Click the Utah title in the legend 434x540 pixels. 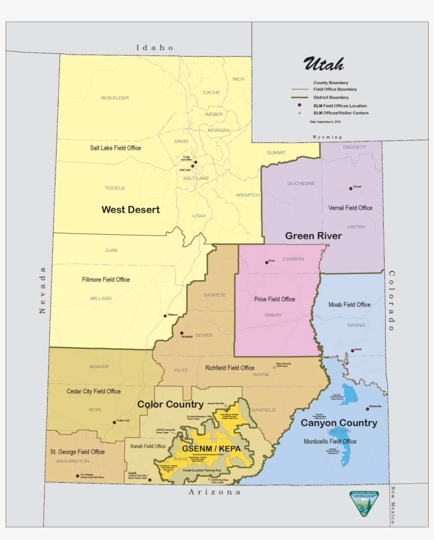(x=323, y=64)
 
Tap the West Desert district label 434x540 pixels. (x=131, y=210)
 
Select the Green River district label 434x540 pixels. (x=313, y=236)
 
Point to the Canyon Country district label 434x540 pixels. (x=339, y=423)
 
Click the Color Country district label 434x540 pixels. (x=170, y=405)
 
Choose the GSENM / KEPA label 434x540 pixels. (x=211, y=449)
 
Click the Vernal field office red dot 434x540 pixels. (x=350, y=188)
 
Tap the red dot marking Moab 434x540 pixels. (x=352, y=350)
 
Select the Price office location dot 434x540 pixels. (x=267, y=262)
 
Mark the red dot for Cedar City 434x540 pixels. (x=114, y=422)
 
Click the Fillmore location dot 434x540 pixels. (x=165, y=316)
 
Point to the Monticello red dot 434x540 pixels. (x=367, y=409)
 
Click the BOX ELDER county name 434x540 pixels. (x=115, y=98)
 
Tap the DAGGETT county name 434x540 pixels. (x=354, y=148)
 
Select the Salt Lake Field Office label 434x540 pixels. (x=115, y=148)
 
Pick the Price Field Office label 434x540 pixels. (x=275, y=299)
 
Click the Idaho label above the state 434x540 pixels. (x=155, y=48)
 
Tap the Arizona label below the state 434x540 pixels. (x=215, y=492)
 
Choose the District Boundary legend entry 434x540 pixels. (x=330, y=97)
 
